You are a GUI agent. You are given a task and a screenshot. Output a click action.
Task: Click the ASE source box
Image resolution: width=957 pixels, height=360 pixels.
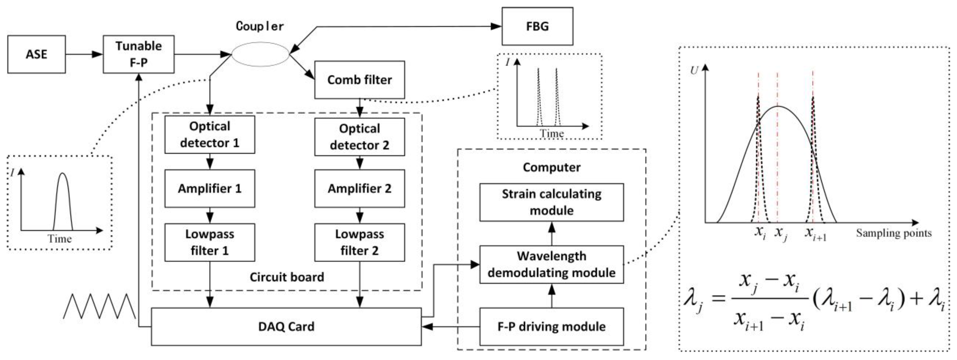(x=36, y=54)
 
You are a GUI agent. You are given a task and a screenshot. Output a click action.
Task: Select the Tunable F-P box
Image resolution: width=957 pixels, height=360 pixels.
(x=138, y=54)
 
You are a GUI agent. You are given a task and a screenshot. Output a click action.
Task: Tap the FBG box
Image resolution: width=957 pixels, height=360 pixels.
(x=537, y=26)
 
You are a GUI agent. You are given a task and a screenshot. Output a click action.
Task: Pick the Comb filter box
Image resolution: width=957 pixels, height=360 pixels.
(x=359, y=80)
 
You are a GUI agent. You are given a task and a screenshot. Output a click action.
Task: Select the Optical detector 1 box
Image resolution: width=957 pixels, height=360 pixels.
(x=210, y=134)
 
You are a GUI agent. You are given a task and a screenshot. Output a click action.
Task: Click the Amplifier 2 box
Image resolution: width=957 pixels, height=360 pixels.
(x=359, y=188)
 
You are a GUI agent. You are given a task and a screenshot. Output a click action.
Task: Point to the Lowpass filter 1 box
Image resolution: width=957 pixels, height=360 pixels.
(x=210, y=242)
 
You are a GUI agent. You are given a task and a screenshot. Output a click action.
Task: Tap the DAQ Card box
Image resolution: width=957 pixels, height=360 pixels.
(x=286, y=327)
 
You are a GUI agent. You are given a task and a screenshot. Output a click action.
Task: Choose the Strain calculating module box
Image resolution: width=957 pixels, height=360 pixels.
(x=551, y=202)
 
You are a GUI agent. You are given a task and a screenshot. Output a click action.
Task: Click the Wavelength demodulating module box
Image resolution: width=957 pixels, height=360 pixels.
(x=551, y=265)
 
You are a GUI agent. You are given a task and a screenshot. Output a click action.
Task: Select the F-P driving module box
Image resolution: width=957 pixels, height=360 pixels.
(x=551, y=327)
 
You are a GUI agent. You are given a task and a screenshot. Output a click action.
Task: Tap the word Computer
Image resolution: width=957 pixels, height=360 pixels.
(x=551, y=168)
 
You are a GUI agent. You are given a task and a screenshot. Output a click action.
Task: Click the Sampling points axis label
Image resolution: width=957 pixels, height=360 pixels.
(x=894, y=233)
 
